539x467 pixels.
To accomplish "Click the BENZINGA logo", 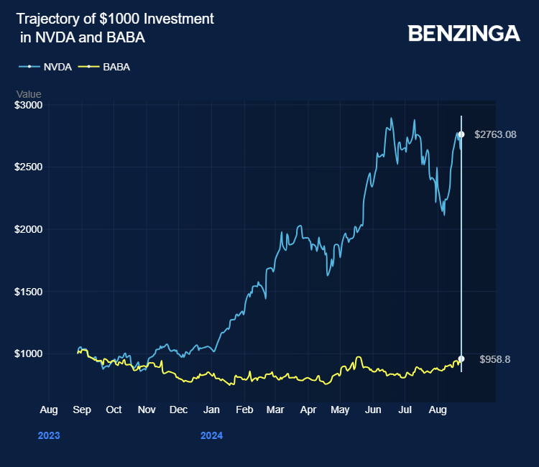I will (x=464, y=33).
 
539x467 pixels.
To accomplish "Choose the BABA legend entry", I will (x=116, y=67).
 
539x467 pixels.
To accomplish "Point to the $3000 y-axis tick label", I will (x=29, y=105).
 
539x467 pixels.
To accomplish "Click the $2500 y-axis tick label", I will (x=29, y=167).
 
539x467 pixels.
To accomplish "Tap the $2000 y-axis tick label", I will (x=29, y=229).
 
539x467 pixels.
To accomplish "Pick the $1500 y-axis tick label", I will (x=29, y=292).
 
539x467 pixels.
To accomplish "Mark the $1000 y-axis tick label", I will (x=29, y=353).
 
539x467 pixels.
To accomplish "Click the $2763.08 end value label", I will (x=495, y=134).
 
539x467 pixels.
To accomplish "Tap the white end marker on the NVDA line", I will (x=461, y=134).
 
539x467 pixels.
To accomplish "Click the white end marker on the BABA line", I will (x=461, y=359).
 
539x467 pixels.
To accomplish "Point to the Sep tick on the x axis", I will (x=81, y=410).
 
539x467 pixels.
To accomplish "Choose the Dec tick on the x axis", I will (x=178, y=410).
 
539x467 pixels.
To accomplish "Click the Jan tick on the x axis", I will (x=211, y=410).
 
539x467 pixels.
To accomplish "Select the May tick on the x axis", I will (x=340, y=410).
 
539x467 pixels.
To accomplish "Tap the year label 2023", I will (x=49, y=435).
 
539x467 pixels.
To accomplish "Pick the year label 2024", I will (x=211, y=435).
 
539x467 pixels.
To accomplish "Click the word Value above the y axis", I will (x=29, y=94).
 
